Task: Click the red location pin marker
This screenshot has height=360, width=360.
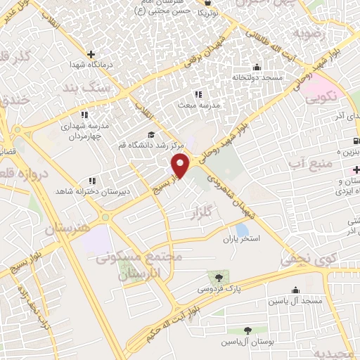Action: pyautogui.click(x=181, y=165)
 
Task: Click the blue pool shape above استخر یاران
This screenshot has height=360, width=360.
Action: pyautogui.click(x=243, y=229)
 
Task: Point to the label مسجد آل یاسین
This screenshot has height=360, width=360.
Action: pyautogui.click(x=294, y=301)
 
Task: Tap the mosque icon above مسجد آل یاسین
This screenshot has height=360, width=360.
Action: pyautogui.click(x=296, y=290)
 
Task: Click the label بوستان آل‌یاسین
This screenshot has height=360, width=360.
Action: pyautogui.click(x=247, y=341)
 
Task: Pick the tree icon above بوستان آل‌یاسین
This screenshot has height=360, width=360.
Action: pyautogui.click(x=247, y=330)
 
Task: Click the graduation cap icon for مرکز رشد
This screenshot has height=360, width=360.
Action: pyautogui.click(x=150, y=135)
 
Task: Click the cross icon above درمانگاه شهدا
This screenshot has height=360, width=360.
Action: pyautogui.click(x=91, y=54)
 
